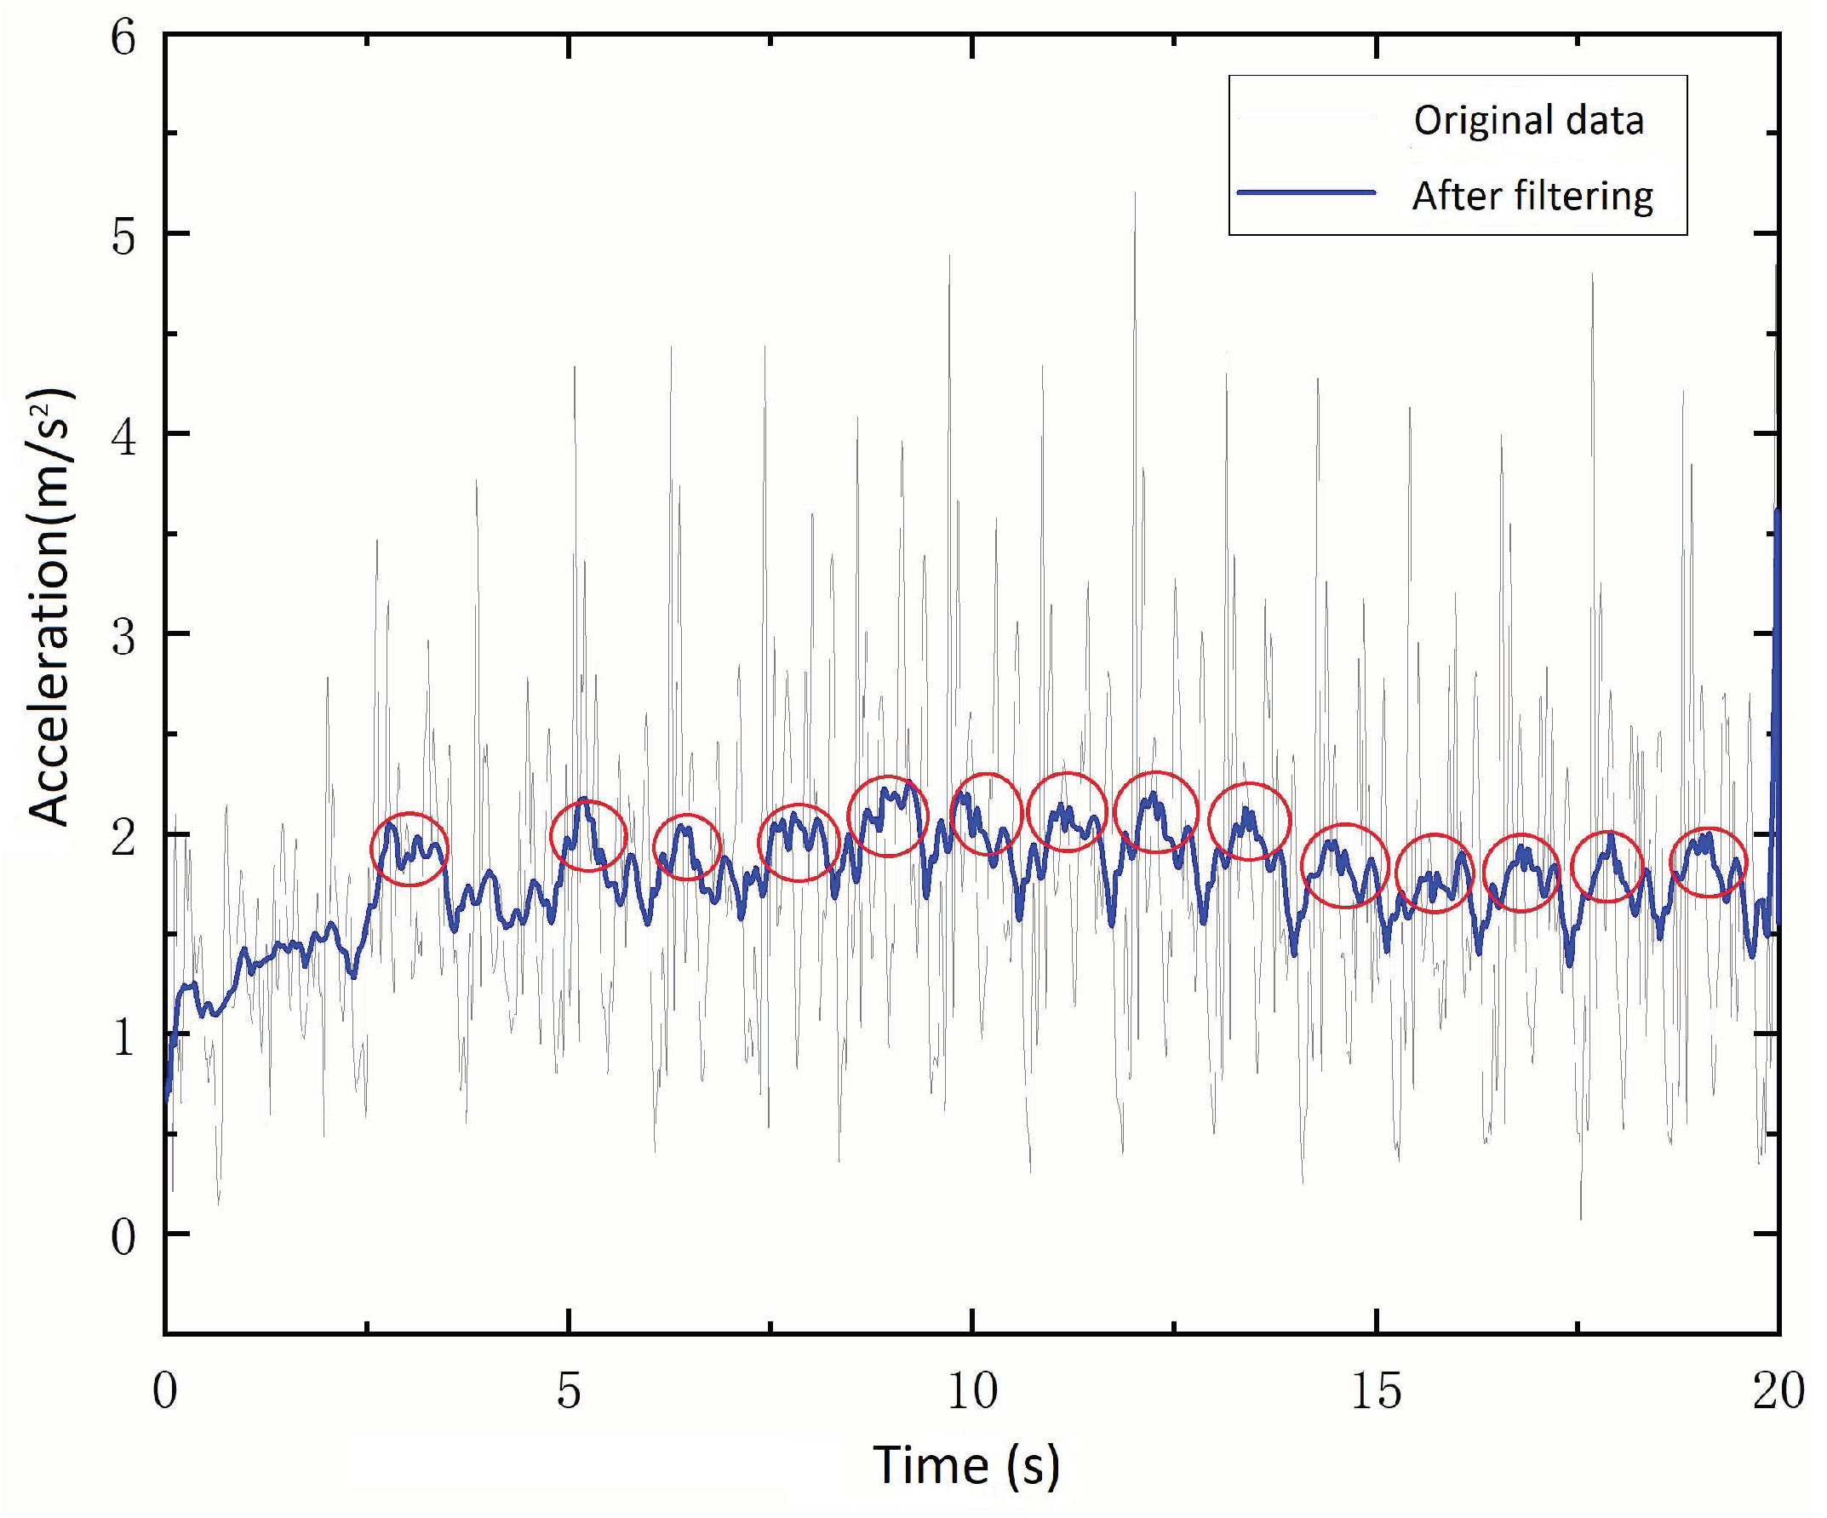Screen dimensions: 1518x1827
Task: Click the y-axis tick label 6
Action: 123,39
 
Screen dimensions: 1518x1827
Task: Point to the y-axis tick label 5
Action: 123,236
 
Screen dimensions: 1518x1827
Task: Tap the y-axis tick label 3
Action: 123,637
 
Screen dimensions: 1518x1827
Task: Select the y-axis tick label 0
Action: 123,1236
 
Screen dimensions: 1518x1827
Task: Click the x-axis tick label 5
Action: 568,1391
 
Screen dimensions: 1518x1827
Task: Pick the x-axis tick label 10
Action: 971,1391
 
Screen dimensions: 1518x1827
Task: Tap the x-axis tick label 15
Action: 1376,1391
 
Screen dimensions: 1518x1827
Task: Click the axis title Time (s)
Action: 965,1465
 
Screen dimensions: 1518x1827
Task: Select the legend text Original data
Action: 1528,120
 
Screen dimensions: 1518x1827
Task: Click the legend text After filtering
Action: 1532,196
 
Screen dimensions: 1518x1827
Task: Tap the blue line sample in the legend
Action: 1306,193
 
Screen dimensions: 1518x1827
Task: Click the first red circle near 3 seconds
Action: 409,849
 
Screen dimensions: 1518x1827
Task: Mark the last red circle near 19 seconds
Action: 1708,862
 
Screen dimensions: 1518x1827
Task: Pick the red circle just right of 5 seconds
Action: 588,835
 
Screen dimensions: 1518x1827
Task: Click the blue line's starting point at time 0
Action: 167,1097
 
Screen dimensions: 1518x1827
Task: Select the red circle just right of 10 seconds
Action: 986,813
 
